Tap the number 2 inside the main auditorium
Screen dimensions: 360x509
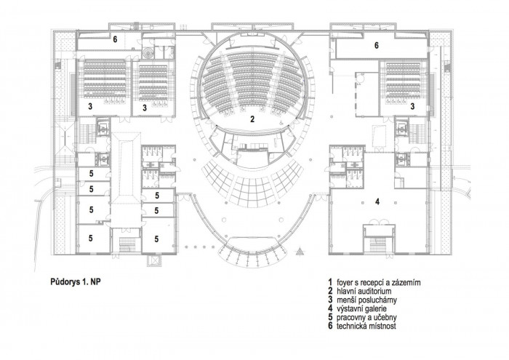pyautogui.click(x=251, y=119)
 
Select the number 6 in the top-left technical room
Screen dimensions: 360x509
pyautogui.click(x=114, y=40)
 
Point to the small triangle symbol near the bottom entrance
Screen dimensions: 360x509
pyautogui.click(x=298, y=252)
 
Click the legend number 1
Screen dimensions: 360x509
pyautogui.click(x=329, y=280)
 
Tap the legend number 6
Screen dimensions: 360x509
pyautogui.click(x=329, y=327)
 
